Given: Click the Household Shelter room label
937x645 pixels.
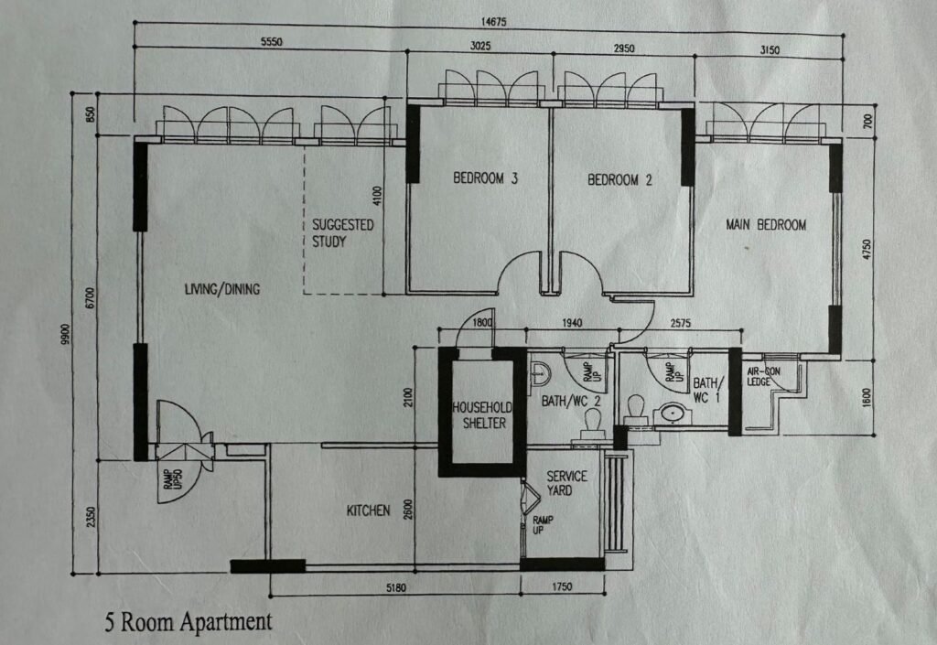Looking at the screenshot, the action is coord(483,415).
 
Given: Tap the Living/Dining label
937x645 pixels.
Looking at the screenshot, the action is coord(222,289).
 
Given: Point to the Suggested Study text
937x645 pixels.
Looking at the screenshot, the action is coord(342,233).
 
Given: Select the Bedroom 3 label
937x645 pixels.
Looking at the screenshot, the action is coord(485,178).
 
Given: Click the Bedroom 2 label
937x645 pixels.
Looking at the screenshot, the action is coord(619,179).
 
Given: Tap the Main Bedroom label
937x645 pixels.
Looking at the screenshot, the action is coord(766,224).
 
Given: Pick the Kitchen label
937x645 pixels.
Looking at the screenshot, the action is coord(368,511).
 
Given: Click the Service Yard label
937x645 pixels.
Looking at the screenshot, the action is coord(566,483).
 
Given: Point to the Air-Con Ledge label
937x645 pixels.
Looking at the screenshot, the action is coord(763,376).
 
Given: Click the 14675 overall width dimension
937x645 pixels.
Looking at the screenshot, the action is coord(493,22).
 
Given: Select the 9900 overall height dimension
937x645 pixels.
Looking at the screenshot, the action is coord(65,334).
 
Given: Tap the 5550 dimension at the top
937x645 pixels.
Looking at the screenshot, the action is coord(271,42).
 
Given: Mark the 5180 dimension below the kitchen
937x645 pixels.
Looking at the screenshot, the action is coord(395,587).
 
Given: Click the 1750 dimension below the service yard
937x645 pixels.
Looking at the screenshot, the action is coord(562,586).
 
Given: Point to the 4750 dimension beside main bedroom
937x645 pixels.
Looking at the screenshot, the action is coord(867,249).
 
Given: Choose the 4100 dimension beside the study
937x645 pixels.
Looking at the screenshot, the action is coord(376,195).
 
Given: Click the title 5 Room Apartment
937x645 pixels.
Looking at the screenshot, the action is coord(188,622).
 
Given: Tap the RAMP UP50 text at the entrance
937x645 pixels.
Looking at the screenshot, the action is coord(173,478).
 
